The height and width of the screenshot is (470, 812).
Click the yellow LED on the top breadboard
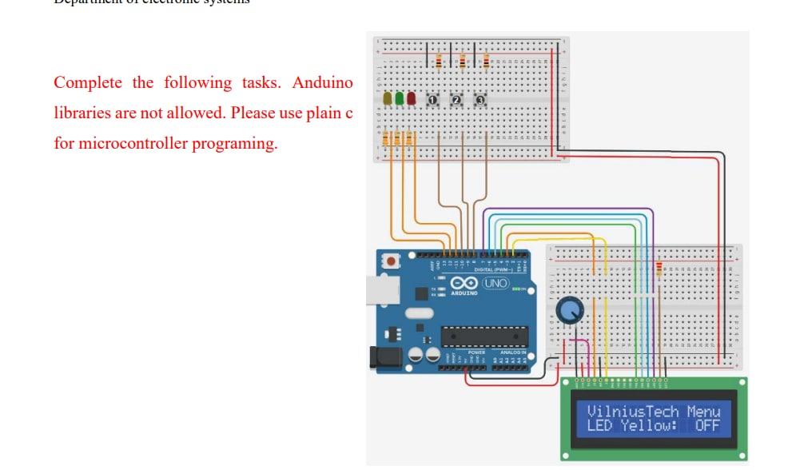tap(388, 98)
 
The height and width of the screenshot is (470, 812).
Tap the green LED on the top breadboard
tap(400, 98)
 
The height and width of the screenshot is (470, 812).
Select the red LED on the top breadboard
tap(412, 98)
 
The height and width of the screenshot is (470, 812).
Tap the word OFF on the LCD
tap(707, 426)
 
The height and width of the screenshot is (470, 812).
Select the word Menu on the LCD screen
tap(703, 412)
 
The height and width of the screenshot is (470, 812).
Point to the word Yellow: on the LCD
tap(650, 426)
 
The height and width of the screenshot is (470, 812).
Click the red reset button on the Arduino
tap(391, 261)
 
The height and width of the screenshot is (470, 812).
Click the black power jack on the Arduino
tap(385, 357)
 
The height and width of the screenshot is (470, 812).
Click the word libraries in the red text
tap(82, 114)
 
